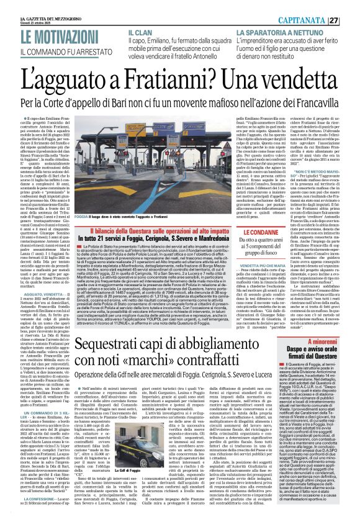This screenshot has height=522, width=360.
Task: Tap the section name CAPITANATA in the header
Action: coord(317,5)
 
